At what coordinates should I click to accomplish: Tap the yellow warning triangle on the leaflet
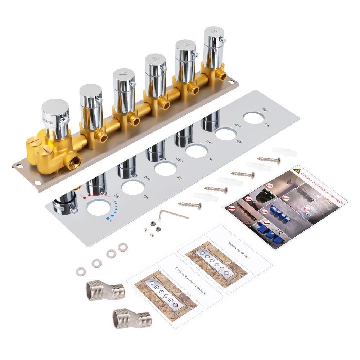click(296, 171)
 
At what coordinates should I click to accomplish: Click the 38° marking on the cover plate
click(117, 196)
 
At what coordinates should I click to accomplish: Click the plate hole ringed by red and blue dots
click(98, 208)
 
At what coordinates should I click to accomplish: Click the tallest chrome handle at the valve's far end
click(214, 47)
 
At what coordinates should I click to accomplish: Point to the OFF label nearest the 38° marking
click(147, 177)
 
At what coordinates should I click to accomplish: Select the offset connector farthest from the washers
click(132, 319)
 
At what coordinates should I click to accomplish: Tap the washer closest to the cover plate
click(123, 247)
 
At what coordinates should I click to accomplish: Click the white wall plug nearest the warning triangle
click(284, 152)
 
